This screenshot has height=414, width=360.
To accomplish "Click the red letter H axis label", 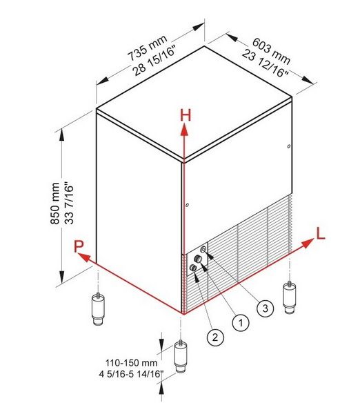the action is (x=186, y=116).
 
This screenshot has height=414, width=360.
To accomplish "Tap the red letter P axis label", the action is (x=79, y=246).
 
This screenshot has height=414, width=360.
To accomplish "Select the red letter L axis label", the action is (x=321, y=234).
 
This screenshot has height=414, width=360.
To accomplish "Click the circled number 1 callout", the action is (x=241, y=322).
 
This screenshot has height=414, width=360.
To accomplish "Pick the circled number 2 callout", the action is (x=215, y=337).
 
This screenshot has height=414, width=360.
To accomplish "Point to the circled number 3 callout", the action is (x=265, y=308).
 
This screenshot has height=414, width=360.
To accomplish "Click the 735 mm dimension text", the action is (x=148, y=48).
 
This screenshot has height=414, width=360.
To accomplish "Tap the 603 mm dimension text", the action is (x=271, y=51).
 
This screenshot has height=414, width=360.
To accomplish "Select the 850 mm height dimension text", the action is (x=55, y=204).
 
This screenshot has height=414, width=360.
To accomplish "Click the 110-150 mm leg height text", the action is (x=131, y=363).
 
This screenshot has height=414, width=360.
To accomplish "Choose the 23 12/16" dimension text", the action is (x=265, y=63).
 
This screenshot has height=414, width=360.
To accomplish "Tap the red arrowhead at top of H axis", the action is (x=184, y=130).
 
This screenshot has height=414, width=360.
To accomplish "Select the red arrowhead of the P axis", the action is (x=84, y=257).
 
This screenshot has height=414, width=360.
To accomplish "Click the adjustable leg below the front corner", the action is (x=181, y=357).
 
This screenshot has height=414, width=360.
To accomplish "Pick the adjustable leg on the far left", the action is (x=98, y=309).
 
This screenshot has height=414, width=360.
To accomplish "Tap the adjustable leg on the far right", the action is (x=289, y=297).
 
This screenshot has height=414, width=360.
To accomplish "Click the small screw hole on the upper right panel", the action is (x=289, y=146).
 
